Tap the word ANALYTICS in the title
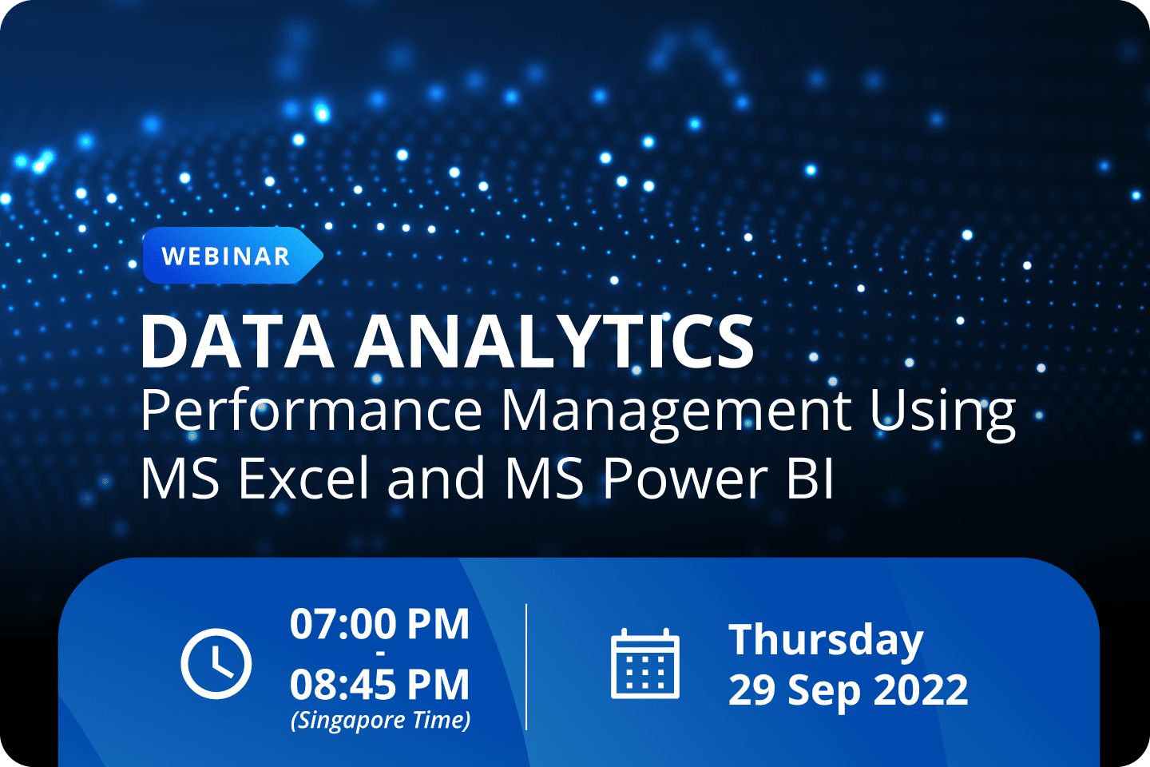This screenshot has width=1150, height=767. [555, 341]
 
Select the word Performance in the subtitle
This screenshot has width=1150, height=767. [311, 411]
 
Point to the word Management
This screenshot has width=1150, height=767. [676, 411]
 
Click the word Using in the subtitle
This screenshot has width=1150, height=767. [942, 412]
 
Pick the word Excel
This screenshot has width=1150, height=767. [303, 479]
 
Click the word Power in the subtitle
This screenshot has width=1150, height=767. [684, 479]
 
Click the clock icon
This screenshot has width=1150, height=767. [216, 664]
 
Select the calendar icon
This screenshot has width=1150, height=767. [645, 664]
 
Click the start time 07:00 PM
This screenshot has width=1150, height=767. [379, 624]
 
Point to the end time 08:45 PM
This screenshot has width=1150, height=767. [379, 686]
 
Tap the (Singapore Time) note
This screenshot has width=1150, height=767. [380, 721]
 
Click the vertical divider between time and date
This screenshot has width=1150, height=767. [527, 666]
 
